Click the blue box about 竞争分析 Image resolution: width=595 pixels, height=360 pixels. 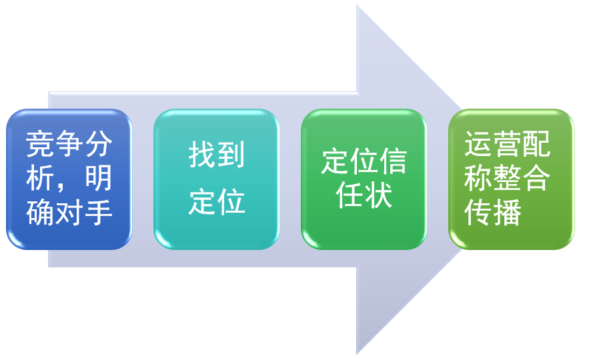[69, 179]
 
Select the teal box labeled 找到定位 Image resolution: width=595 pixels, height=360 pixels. [216, 179]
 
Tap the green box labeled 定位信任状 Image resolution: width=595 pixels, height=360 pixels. [364, 179]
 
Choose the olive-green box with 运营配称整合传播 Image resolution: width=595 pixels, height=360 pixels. [511, 179]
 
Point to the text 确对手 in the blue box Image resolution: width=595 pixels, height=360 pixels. [69, 213]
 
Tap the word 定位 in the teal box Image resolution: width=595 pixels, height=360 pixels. [216, 201]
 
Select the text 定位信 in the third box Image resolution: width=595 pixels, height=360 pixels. [364, 161]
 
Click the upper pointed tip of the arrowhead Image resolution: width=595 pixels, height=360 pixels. [358, 5]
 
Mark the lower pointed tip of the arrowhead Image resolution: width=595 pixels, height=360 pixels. [358, 353]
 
